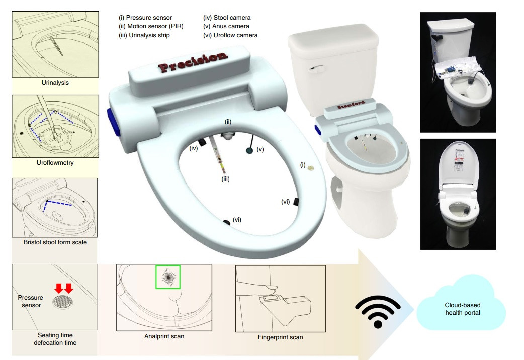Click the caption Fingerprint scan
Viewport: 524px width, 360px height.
[281, 337]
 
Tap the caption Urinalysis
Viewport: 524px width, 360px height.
[55, 83]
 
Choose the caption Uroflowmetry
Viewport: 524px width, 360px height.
[55, 163]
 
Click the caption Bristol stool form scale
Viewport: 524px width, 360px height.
[55, 242]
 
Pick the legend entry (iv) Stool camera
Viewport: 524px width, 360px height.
[227, 18]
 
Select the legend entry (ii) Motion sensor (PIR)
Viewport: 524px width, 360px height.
[151, 26]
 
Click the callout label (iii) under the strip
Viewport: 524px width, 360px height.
[226, 179]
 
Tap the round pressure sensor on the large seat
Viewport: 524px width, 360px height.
[311, 168]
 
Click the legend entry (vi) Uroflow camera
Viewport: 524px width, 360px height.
[231, 35]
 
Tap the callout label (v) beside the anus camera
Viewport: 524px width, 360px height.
[260, 149]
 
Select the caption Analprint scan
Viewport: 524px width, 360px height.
[164, 336]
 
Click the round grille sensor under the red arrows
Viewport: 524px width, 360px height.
[63, 301]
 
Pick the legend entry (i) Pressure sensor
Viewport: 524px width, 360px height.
[145, 18]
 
